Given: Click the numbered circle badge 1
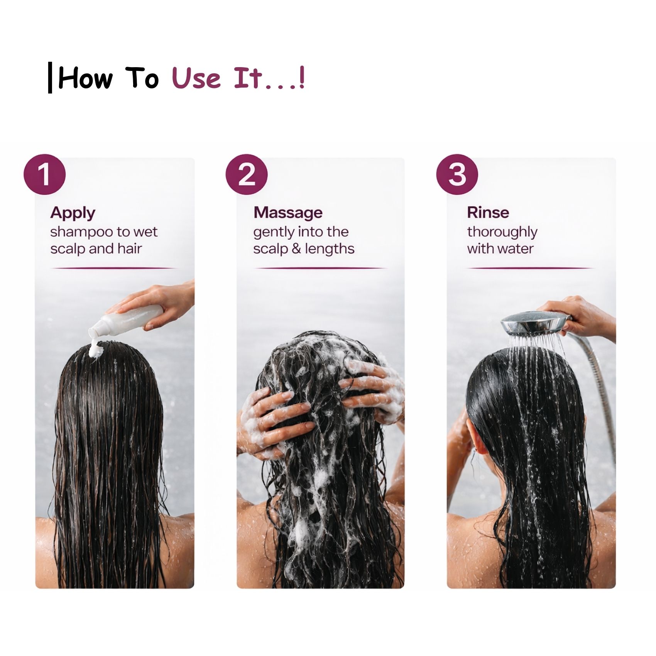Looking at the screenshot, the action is click(x=45, y=174).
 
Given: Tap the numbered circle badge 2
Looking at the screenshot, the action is click(x=247, y=174).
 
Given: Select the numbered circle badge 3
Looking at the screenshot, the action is click(x=457, y=174).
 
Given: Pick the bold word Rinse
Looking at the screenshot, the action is click(x=488, y=212).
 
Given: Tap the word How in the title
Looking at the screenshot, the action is click(x=86, y=78).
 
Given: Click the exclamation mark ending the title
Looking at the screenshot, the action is click(x=302, y=78).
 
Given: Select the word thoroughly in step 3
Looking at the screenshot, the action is click(x=502, y=233).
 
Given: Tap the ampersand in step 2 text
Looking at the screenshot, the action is click(x=296, y=249).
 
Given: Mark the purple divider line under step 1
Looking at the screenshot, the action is click(x=114, y=268).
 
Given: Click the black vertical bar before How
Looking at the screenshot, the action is click(x=50, y=78).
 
